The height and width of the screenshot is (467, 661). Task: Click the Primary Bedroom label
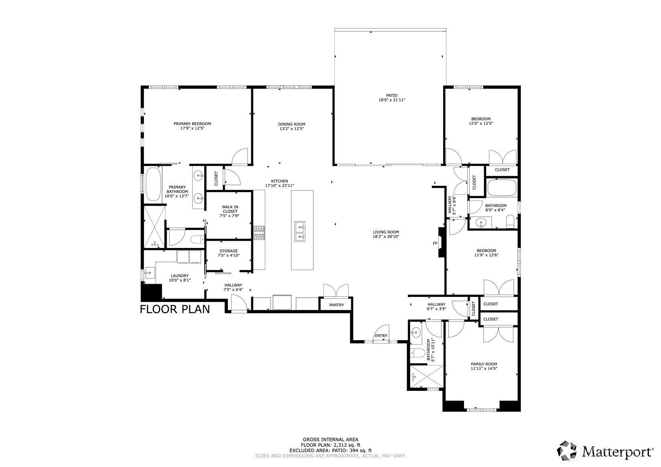[192, 124]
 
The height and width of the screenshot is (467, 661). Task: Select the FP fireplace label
[435, 244]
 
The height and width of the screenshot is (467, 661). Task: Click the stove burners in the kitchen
[259, 233]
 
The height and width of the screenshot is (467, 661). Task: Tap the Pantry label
[336, 305]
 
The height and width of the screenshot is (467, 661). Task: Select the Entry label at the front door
[381, 336]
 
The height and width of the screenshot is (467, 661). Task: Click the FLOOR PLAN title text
[175, 309]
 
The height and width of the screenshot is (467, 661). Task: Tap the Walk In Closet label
[230, 209]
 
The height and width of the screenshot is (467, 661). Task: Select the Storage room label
[228, 251]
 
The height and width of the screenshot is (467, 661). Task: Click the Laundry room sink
[150, 273]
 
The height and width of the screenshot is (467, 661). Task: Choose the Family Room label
[484, 364]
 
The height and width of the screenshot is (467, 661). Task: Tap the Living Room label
[386, 232]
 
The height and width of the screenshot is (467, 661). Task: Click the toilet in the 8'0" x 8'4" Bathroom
[510, 222]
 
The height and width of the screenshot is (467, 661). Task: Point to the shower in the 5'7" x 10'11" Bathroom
[426, 377]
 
